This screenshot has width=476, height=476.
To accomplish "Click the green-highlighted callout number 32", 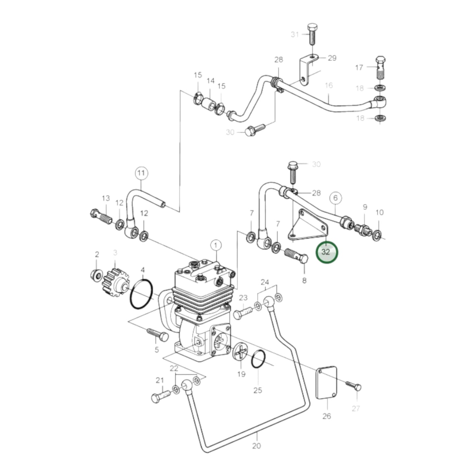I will [x=326, y=252].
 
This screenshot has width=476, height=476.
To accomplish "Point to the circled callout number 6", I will [x=335, y=198].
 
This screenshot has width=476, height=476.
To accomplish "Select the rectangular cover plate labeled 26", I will [x=326, y=382].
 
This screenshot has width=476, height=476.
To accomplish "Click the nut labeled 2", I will [x=96, y=275].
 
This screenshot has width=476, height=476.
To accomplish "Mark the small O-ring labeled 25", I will [x=259, y=359].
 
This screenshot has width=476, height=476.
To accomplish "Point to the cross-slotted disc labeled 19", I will [x=241, y=351].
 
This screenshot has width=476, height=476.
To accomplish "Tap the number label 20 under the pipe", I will [x=256, y=446].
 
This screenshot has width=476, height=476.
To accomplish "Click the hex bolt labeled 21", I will [x=160, y=396].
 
